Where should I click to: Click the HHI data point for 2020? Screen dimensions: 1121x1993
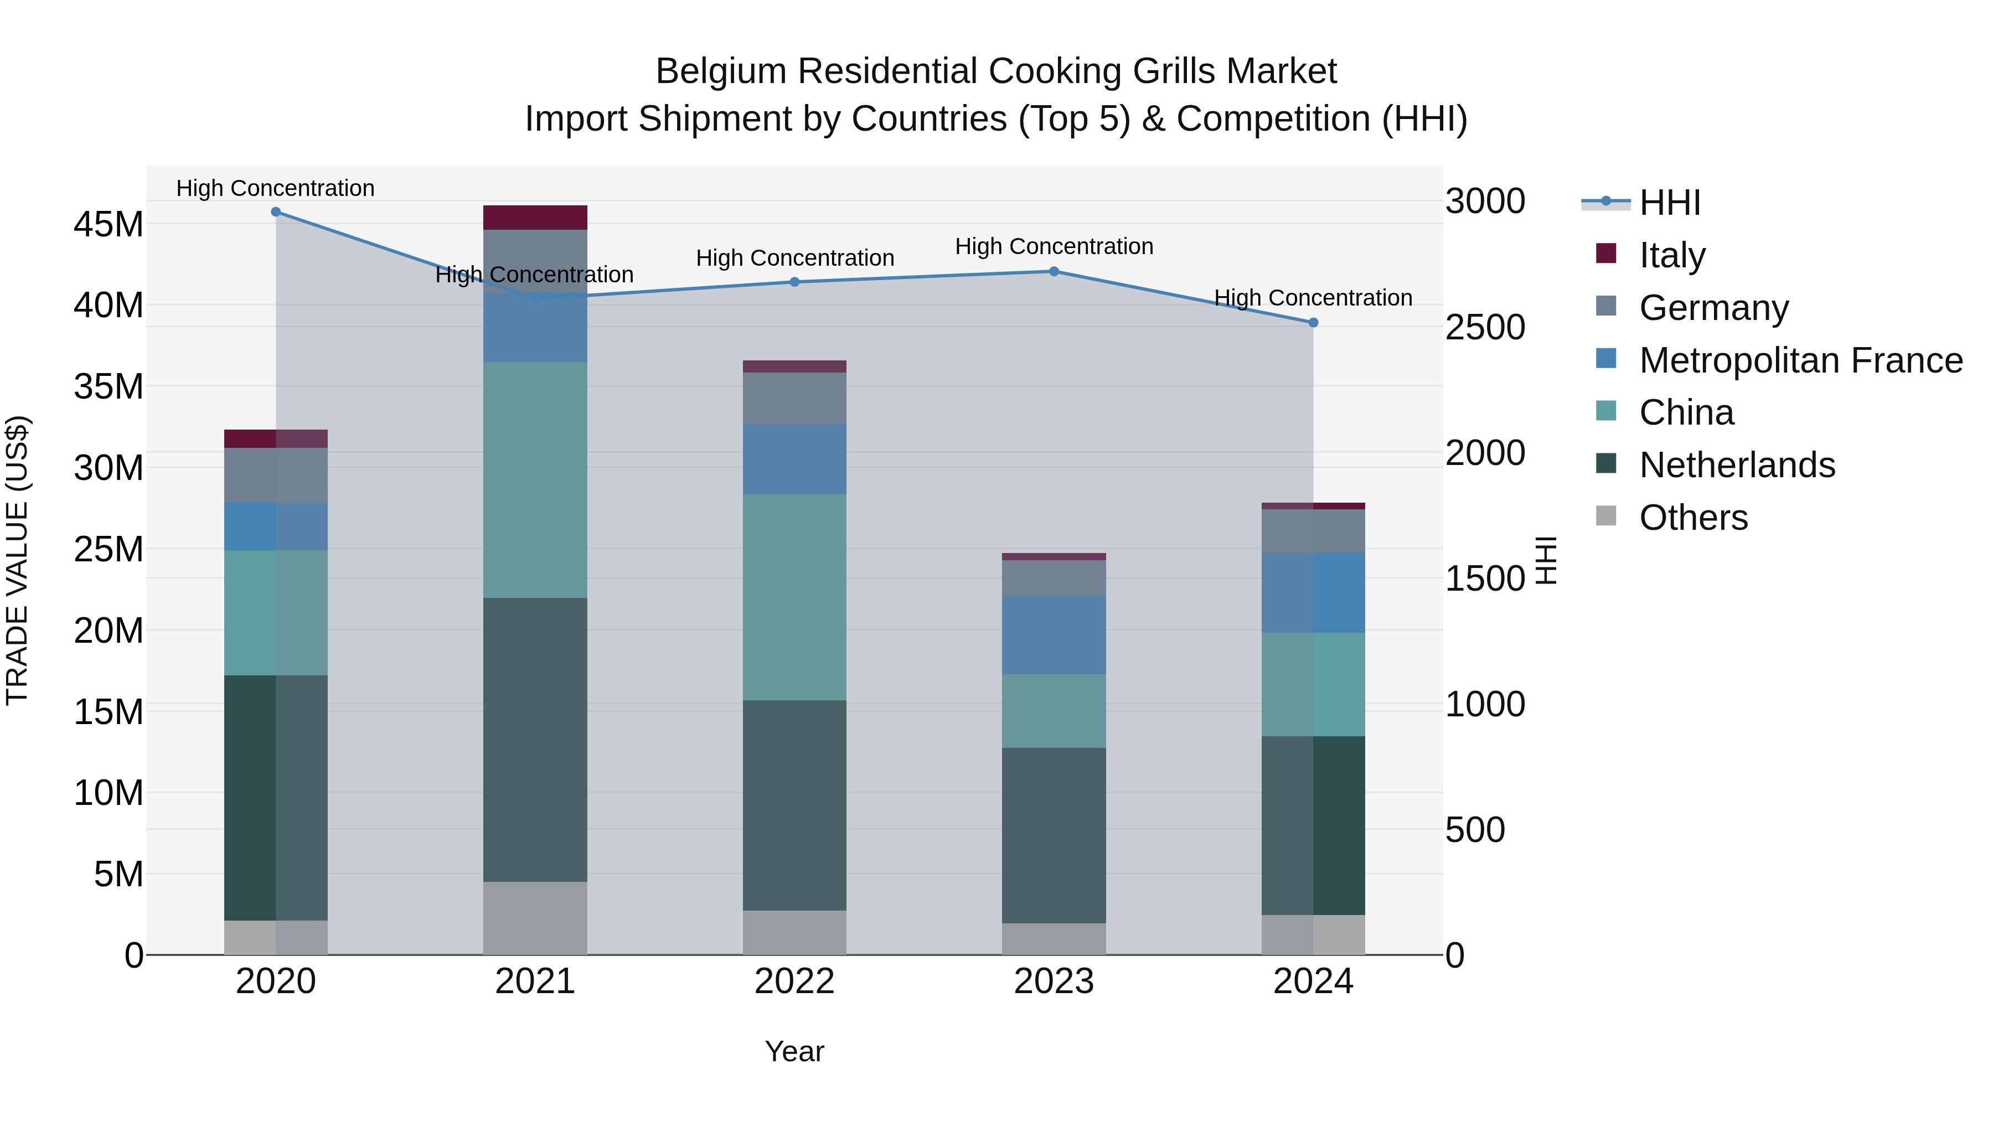pyautogui.click(x=276, y=212)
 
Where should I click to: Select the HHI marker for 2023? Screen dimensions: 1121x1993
pyautogui.click(x=1054, y=272)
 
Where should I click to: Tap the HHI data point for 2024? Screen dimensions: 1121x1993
pyautogui.click(x=1313, y=323)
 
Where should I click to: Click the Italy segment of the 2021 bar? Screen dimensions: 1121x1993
pyautogui.click(x=535, y=218)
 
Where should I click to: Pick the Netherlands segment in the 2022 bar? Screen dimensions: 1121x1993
pyautogui.click(x=794, y=804)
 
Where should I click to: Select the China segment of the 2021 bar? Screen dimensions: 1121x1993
pyautogui.click(x=535, y=479)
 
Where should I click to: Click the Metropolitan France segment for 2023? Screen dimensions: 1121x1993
pyautogui.click(x=1054, y=634)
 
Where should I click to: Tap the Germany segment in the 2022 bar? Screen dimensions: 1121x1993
pyautogui.click(x=794, y=399)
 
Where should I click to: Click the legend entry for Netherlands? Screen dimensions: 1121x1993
pyautogui.click(x=1736, y=465)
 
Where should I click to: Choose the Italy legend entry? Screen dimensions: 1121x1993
pyautogui.click(x=1672, y=255)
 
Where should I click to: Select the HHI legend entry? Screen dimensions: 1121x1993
pyautogui.click(x=1670, y=203)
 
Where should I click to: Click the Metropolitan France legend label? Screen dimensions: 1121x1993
pyautogui.click(x=1800, y=360)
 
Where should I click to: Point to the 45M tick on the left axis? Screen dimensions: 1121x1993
pyautogui.click(x=109, y=224)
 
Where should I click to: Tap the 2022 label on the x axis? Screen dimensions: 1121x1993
pyautogui.click(x=794, y=981)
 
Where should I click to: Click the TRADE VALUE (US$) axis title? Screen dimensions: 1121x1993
pyautogui.click(x=17, y=560)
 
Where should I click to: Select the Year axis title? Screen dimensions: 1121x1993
pyautogui.click(x=794, y=1051)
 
